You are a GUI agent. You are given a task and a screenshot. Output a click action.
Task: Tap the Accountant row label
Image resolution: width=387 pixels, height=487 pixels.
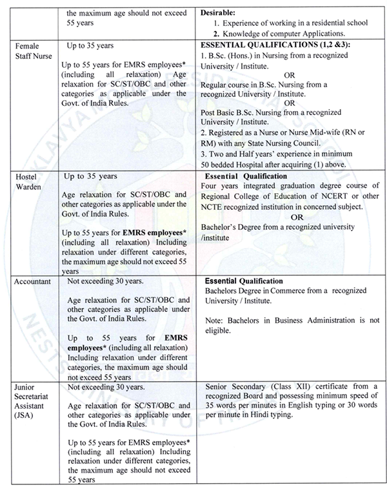[x=33, y=282]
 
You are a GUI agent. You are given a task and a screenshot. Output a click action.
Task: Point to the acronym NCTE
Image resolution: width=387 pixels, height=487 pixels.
[x=213, y=207]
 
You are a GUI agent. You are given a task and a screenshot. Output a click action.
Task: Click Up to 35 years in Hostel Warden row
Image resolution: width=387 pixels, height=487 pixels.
[x=90, y=176]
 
